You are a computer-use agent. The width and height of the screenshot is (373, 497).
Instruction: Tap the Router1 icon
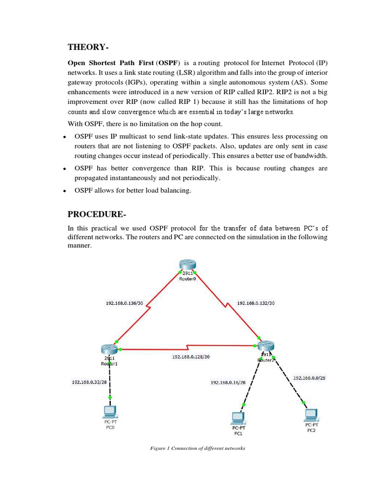(x=109, y=349)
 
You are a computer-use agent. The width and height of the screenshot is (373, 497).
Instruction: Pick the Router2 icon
(x=266, y=347)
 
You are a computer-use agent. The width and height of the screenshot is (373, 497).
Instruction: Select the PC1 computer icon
(x=237, y=417)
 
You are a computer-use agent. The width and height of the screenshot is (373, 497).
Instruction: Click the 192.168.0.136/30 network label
(x=124, y=303)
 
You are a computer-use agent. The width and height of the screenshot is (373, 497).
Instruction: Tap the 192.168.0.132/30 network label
(x=255, y=303)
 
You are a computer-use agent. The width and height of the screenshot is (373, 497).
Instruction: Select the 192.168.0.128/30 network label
(x=191, y=356)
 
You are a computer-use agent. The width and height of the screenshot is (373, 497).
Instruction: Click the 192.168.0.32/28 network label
(x=89, y=382)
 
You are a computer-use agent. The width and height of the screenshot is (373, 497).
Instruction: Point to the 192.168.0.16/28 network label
(x=228, y=382)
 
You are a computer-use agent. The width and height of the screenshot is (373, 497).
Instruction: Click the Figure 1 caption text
(x=198, y=448)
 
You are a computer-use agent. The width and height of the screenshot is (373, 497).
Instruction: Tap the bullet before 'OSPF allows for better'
(x=64, y=191)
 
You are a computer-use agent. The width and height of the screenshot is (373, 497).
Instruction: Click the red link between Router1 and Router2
(x=189, y=348)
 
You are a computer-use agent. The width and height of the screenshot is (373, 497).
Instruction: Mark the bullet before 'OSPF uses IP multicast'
(x=64, y=137)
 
